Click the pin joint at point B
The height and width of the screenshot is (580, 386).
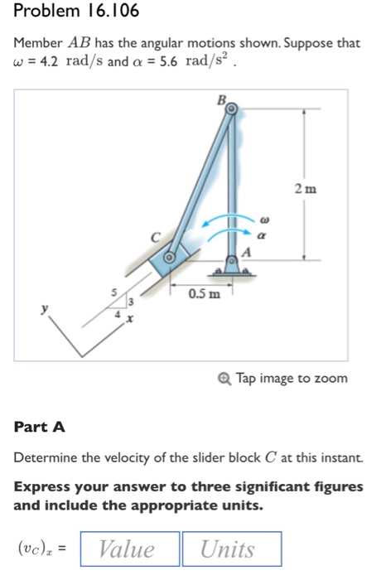point(232,109)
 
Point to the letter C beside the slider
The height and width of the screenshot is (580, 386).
point(152,239)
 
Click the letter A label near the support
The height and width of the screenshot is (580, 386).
point(246,252)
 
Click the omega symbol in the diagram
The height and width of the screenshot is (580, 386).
point(263,221)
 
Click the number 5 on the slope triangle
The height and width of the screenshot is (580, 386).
point(115,292)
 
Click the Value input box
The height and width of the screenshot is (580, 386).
point(127,549)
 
